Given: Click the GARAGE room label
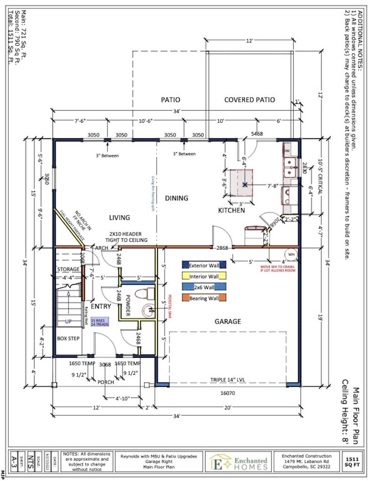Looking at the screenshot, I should (228, 321).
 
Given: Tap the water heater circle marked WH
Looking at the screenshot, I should (291, 254).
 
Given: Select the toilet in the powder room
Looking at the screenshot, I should (145, 293).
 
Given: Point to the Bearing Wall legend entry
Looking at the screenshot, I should (204, 298).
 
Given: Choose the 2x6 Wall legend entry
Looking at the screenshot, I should (204, 287).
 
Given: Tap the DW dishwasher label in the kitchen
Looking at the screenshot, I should (287, 151).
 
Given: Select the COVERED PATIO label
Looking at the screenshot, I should (249, 100).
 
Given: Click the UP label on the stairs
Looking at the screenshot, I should (68, 321).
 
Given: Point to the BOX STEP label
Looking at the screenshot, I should (68, 338).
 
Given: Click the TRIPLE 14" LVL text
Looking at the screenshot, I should (228, 380).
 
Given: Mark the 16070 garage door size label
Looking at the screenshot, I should (228, 393).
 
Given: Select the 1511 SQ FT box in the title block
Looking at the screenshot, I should (352, 462).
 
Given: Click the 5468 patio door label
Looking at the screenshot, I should (257, 134).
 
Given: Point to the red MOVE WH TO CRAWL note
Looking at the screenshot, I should (278, 268).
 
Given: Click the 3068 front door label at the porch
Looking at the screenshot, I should (105, 365).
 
